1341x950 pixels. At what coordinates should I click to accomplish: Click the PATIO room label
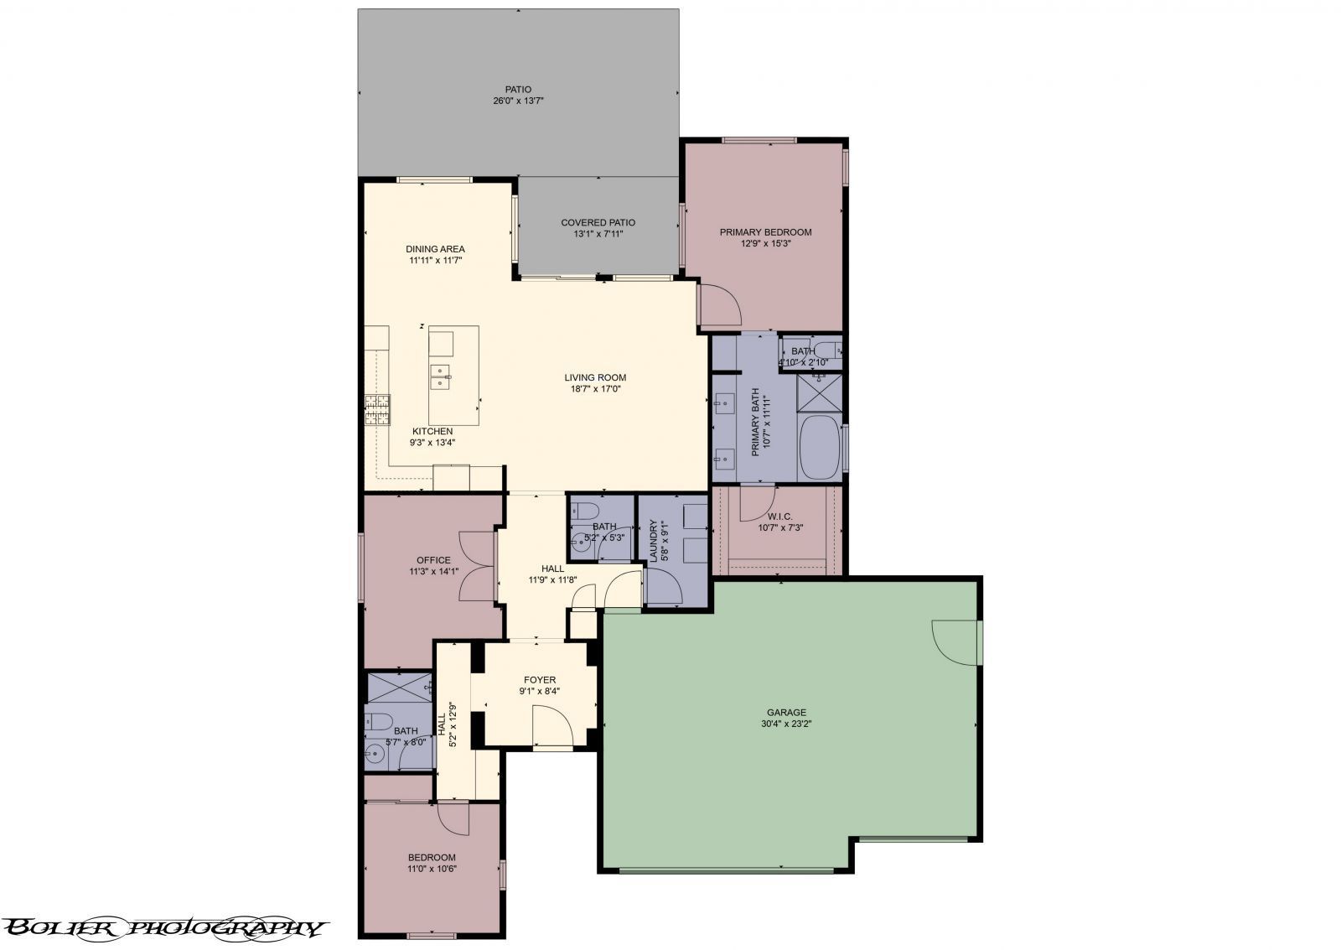click(x=517, y=89)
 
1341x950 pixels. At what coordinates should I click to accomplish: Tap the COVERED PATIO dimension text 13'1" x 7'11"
click(x=598, y=235)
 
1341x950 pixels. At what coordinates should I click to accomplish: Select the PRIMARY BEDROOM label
click(x=765, y=232)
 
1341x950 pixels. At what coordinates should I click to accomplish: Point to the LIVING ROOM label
click(x=595, y=377)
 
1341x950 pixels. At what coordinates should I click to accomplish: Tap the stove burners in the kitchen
click(x=377, y=411)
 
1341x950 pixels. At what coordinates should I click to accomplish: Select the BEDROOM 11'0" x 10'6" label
click(x=432, y=857)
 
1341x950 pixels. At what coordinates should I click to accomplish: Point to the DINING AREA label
click(x=435, y=249)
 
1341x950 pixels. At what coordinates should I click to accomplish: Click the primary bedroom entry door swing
click(x=719, y=305)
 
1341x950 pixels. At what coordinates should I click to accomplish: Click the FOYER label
click(x=540, y=680)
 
